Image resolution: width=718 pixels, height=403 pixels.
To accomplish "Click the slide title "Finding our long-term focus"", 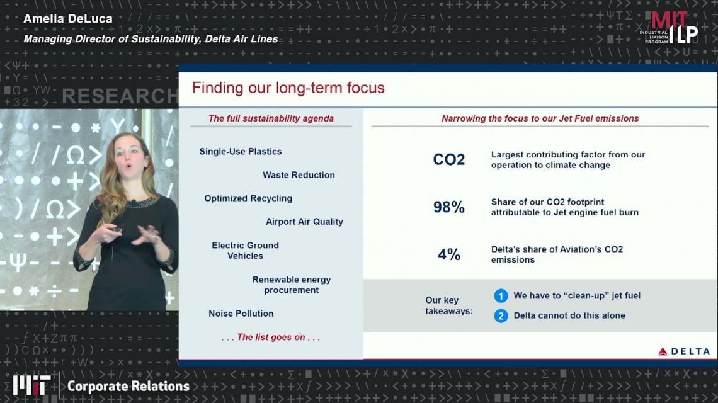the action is point(288,88).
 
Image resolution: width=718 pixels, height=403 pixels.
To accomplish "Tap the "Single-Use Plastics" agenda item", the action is point(241,152).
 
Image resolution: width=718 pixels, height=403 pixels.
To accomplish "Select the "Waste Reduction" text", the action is point(299,175).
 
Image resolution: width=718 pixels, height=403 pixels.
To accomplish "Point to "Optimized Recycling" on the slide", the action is point(248,198).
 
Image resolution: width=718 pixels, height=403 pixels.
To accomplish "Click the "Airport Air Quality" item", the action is point(304,222).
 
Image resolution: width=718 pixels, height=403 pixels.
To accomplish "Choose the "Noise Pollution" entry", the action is point(241,314).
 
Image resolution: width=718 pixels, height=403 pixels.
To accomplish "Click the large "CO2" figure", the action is point(448,159).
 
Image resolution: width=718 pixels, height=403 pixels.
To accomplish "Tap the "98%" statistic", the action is point(448,207).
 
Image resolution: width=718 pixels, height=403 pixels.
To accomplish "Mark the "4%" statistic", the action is point(448,254).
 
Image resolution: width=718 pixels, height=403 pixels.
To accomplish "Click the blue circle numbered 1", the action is point(501,296).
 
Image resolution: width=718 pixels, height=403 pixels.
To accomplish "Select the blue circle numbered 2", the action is point(501,315).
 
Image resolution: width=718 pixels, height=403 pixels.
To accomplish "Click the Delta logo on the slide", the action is point(683,351).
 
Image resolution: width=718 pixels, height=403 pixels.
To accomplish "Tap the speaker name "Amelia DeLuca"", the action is point(68,19).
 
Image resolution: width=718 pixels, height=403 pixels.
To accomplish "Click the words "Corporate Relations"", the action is point(128,387).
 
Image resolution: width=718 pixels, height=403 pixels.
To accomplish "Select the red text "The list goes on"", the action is point(271,337).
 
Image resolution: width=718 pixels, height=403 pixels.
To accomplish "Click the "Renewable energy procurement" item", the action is point(291,285).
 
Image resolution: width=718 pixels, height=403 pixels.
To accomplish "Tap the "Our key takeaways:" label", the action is point(448,305).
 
